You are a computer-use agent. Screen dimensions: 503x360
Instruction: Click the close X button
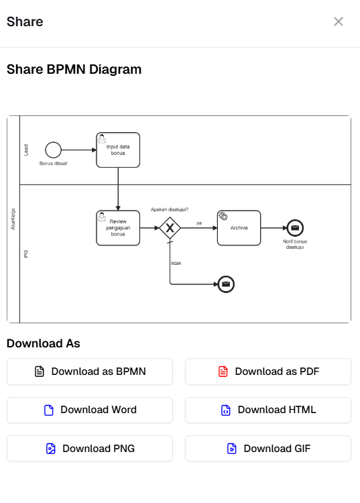pyautogui.click(x=339, y=21)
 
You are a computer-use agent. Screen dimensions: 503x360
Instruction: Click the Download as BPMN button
pyautogui.click(x=90, y=372)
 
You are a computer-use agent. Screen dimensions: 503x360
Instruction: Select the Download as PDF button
pyautogui.click(x=268, y=372)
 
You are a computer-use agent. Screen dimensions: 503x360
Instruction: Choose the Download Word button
pyautogui.click(x=90, y=410)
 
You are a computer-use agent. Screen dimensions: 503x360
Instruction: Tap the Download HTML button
pyautogui.click(x=268, y=410)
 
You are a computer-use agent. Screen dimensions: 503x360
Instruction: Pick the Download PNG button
pyautogui.click(x=90, y=449)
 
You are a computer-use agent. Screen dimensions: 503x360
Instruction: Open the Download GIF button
pyautogui.click(x=268, y=449)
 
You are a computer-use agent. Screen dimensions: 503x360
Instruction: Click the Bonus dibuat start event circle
pyautogui.click(x=54, y=150)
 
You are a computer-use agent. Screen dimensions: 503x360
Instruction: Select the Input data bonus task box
pyautogui.click(x=118, y=150)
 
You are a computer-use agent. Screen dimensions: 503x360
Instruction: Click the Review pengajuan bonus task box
pyautogui.click(x=118, y=228)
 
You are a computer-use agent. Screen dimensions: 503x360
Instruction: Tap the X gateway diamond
pyautogui.click(x=170, y=228)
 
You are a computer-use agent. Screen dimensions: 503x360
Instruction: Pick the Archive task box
pyautogui.click(x=239, y=228)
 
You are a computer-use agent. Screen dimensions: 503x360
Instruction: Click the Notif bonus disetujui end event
pyautogui.click(x=295, y=228)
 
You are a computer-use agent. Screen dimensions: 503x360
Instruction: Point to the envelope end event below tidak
pyautogui.click(x=227, y=284)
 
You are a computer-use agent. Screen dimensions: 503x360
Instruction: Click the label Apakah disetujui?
pyautogui.click(x=170, y=209)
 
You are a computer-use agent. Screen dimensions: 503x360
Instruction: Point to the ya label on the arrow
pyautogui.click(x=199, y=223)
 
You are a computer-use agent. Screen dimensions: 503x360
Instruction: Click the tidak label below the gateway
pyautogui.click(x=176, y=263)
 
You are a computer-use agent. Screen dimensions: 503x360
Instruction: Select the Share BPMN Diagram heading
pyautogui.click(x=74, y=69)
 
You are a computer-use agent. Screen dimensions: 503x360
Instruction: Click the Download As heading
pyautogui.click(x=43, y=343)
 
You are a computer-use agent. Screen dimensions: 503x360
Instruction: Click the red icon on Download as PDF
pyautogui.click(x=223, y=372)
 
